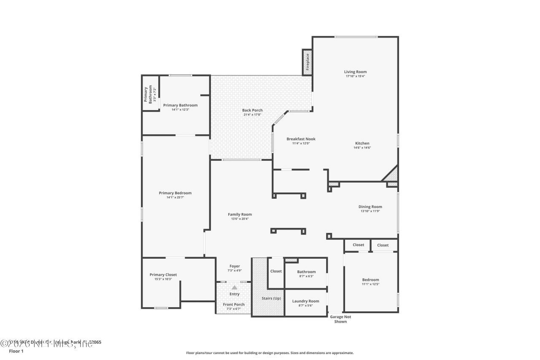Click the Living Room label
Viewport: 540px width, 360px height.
[355, 72]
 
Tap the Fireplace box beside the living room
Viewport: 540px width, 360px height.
[308, 62]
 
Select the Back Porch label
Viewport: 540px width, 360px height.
[252, 110]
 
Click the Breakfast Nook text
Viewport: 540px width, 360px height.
[301, 139]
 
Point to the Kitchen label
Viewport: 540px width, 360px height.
[362, 143]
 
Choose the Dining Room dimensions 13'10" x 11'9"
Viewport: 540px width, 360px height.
[370, 211]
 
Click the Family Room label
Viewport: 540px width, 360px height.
[240, 214]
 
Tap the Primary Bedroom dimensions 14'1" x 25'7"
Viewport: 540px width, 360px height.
[175, 197]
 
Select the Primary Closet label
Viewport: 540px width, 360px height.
[163, 274]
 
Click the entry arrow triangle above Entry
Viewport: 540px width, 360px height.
[234, 287]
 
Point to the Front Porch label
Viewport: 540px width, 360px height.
[233, 304]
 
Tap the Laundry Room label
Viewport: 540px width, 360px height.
[305, 301]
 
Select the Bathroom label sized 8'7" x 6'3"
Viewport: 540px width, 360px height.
[306, 272]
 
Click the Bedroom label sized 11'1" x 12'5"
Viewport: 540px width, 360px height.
[370, 279]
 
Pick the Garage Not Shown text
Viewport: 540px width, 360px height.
[340, 319]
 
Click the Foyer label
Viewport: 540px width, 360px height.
[235, 266]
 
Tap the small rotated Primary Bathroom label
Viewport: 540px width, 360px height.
[148, 95]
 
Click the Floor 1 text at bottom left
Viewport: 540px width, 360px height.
[16, 351]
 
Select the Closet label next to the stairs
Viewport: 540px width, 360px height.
[276, 271]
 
